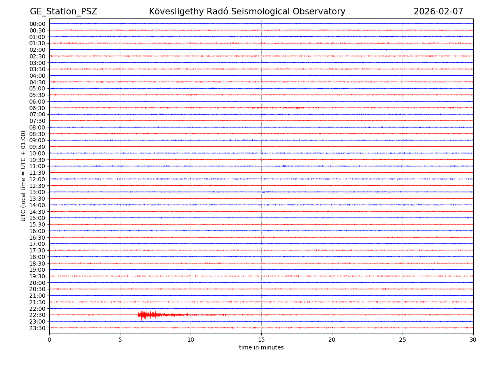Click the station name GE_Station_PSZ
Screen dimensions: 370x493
(63, 12)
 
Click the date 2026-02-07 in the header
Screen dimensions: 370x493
(438, 12)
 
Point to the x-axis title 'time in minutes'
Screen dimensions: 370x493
(261, 348)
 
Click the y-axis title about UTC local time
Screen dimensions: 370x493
(23, 176)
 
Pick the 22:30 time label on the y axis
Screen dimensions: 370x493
(37, 315)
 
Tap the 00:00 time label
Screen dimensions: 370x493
(37, 24)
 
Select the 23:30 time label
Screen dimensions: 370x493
(37, 328)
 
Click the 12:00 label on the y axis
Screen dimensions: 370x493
(37, 179)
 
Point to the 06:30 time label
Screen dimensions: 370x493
(37, 108)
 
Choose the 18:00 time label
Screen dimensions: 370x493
(37, 257)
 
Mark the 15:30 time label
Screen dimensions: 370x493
(37, 224)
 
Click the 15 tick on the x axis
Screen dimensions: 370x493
(261, 340)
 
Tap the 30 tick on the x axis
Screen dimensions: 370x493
(473, 340)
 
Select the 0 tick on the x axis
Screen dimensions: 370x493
(49, 340)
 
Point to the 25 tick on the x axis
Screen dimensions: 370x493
(403, 340)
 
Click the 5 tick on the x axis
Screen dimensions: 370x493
(120, 340)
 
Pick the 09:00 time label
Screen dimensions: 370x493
(37, 140)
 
